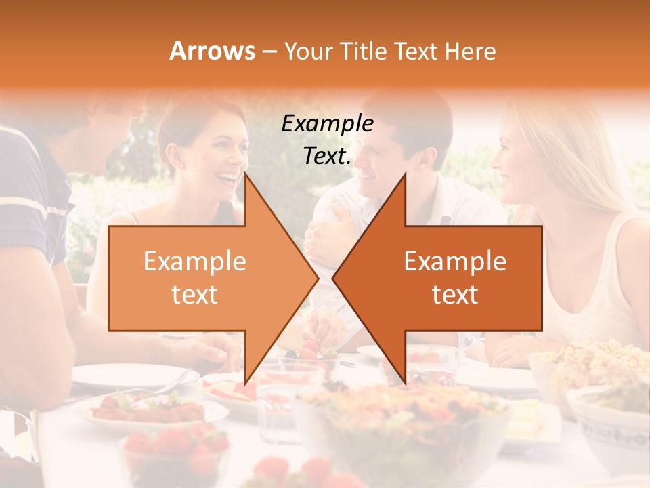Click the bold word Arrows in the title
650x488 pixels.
[x=212, y=51]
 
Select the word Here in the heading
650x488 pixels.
[x=471, y=51]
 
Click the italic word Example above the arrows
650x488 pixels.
[x=327, y=123]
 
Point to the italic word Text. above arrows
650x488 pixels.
[x=327, y=156]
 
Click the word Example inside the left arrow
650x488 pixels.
[x=195, y=262]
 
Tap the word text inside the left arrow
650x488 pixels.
[x=195, y=294]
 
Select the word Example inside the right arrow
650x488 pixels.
[x=455, y=262]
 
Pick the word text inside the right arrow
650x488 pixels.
[x=455, y=294]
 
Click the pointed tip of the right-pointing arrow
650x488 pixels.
[x=318, y=278]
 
